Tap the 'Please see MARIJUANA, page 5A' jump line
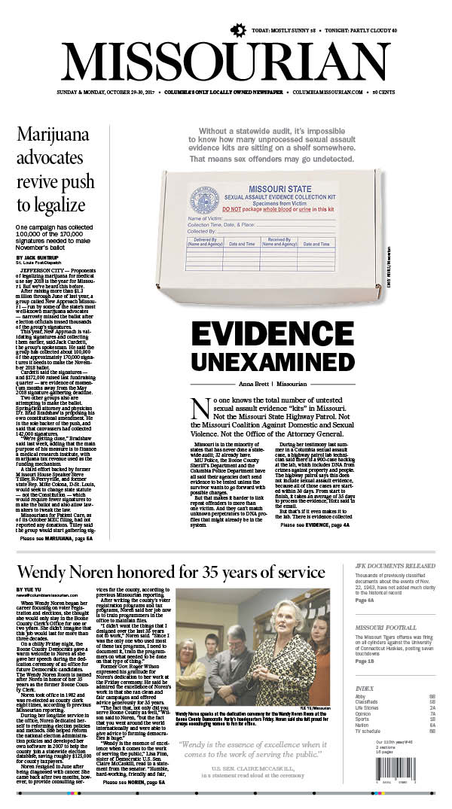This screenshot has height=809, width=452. coord(56,559)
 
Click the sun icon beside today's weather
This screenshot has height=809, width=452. coord(239,30)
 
